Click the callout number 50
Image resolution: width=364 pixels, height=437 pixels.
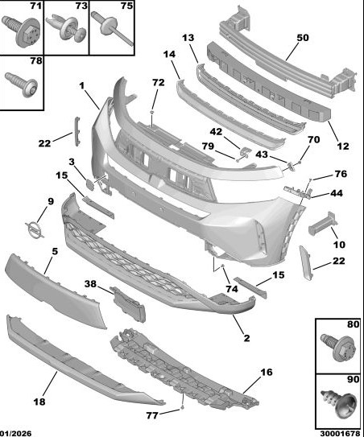pyautogui.click(x=303, y=38)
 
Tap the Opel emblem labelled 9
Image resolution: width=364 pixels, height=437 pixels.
pyautogui.click(x=35, y=230)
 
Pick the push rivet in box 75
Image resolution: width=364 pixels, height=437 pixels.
pyautogui.click(x=112, y=27)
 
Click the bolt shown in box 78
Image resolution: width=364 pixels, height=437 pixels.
pyautogui.click(x=22, y=85)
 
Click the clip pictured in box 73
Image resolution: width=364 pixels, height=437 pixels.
pyautogui.click(x=66, y=28)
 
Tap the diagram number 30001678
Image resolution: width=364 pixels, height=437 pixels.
pyautogui.click(x=340, y=433)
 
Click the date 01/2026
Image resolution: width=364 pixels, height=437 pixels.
pyautogui.click(x=16, y=433)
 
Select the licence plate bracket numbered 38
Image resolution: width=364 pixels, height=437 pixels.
pyautogui.click(x=128, y=304)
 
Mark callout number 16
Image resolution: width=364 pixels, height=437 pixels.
pyautogui.click(x=267, y=372)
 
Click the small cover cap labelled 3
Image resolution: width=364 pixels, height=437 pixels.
pyautogui.click(x=90, y=184)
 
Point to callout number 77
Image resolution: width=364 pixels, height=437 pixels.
pyautogui.click(x=152, y=415)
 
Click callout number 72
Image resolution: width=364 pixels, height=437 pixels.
pyautogui.click(x=159, y=83)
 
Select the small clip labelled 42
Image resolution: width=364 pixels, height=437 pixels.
pyautogui.click(x=245, y=153)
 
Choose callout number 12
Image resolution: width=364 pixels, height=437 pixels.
pyautogui.click(x=343, y=146)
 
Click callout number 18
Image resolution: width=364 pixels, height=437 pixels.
pyautogui.click(x=39, y=402)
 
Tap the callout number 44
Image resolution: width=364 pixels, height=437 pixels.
pyautogui.click(x=337, y=193)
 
